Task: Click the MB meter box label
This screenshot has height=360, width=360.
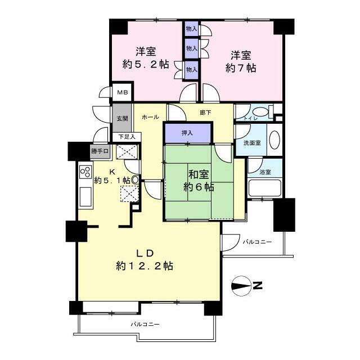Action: pyautogui.click(x=123, y=92)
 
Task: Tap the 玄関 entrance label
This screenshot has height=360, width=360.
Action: pyautogui.click(x=123, y=119)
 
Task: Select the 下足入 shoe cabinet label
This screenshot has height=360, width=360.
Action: pyautogui.click(x=127, y=137)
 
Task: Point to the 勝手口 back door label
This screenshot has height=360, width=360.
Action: pyautogui.click(x=100, y=151)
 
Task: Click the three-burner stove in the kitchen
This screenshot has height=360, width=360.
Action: pyautogui.click(x=85, y=172)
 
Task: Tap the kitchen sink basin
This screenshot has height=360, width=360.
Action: pyautogui.click(x=85, y=197)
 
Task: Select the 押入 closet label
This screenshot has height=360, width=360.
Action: pyautogui.click(x=187, y=133)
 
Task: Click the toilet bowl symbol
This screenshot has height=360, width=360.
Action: pyautogui.click(x=260, y=112)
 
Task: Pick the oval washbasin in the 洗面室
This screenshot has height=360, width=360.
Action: pyautogui.click(x=274, y=140)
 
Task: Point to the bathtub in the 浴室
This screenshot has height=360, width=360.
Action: pyautogui.click(x=265, y=188)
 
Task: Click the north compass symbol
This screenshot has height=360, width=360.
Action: pyautogui.click(x=241, y=286)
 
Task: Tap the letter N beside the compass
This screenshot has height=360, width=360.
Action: pyautogui.click(x=258, y=286)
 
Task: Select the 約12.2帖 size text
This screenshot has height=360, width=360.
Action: pyautogui.click(x=145, y=266)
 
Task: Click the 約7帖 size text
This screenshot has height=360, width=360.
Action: pyautogui.click(x=241, y=67)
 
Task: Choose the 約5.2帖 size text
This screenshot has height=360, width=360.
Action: pyautogui.click(x=146, y=64)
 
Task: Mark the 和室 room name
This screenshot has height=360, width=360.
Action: pyautogui.click(x=199, y=175)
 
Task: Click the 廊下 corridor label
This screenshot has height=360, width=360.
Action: pyautogui.click(x=205, y=112)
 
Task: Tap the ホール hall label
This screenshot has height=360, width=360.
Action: pyautogui.click(x=151, y=117)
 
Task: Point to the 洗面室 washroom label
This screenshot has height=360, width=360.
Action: pyautogui.click(x=252, y=142)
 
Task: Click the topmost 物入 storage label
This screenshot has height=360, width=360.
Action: pyautogui.click(x=191, y=29)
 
